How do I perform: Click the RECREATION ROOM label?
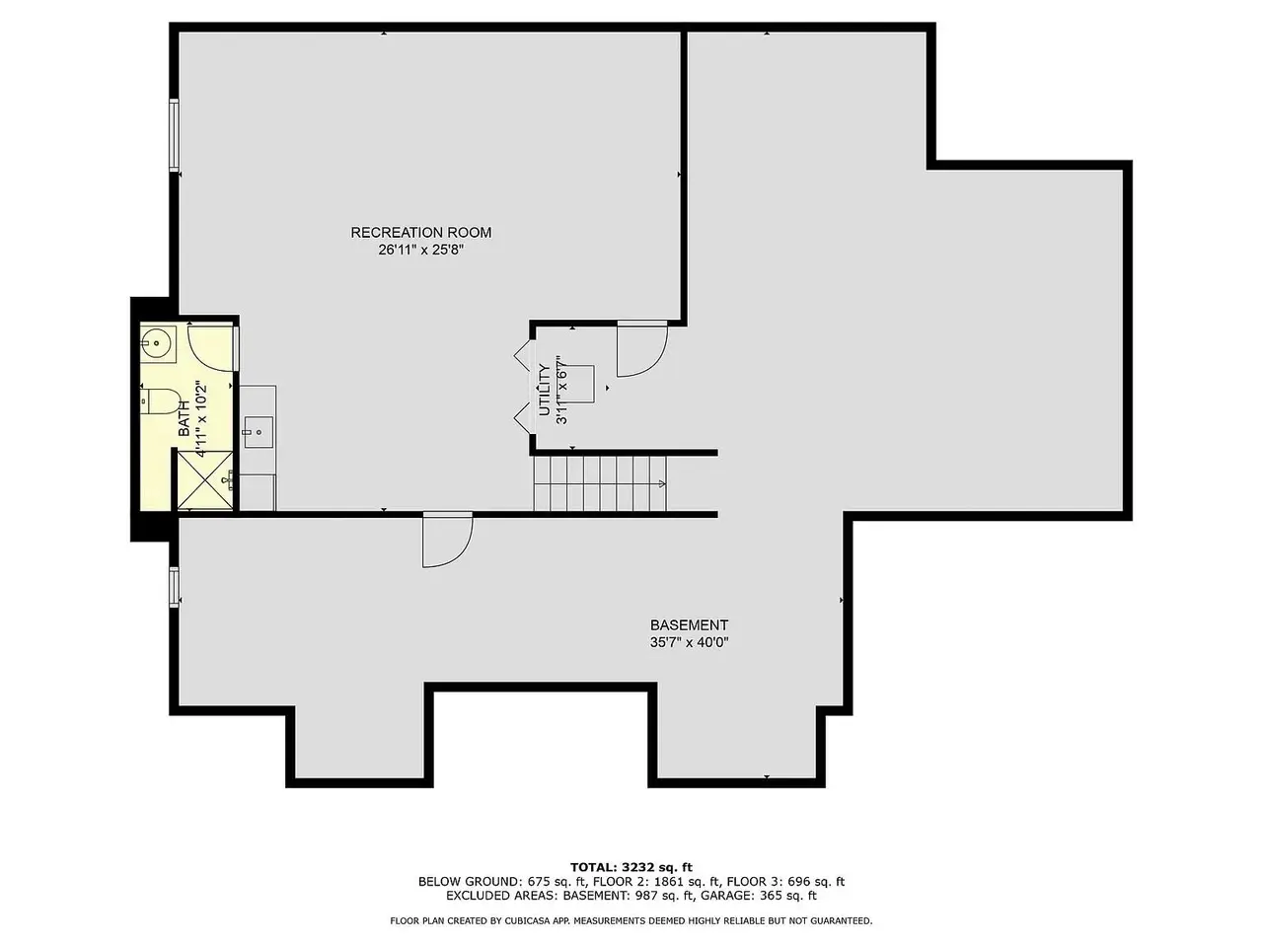(420, 232)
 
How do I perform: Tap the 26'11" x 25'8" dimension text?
(420, 250)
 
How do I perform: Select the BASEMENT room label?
(689, 625)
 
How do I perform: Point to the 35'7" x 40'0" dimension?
(689, 642)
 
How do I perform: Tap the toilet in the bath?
(161, 401)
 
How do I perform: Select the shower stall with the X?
(205, 480)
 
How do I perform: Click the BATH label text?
(185, 418)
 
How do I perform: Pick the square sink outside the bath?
(258, 432)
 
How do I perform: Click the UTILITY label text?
(545, 390)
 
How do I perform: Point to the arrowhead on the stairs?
(663, 483)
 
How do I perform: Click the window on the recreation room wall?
(174, 135)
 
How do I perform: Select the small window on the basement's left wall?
(174, 587)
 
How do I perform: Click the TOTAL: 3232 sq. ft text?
(631, 867)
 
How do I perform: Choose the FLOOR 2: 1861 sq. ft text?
(656, 882)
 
